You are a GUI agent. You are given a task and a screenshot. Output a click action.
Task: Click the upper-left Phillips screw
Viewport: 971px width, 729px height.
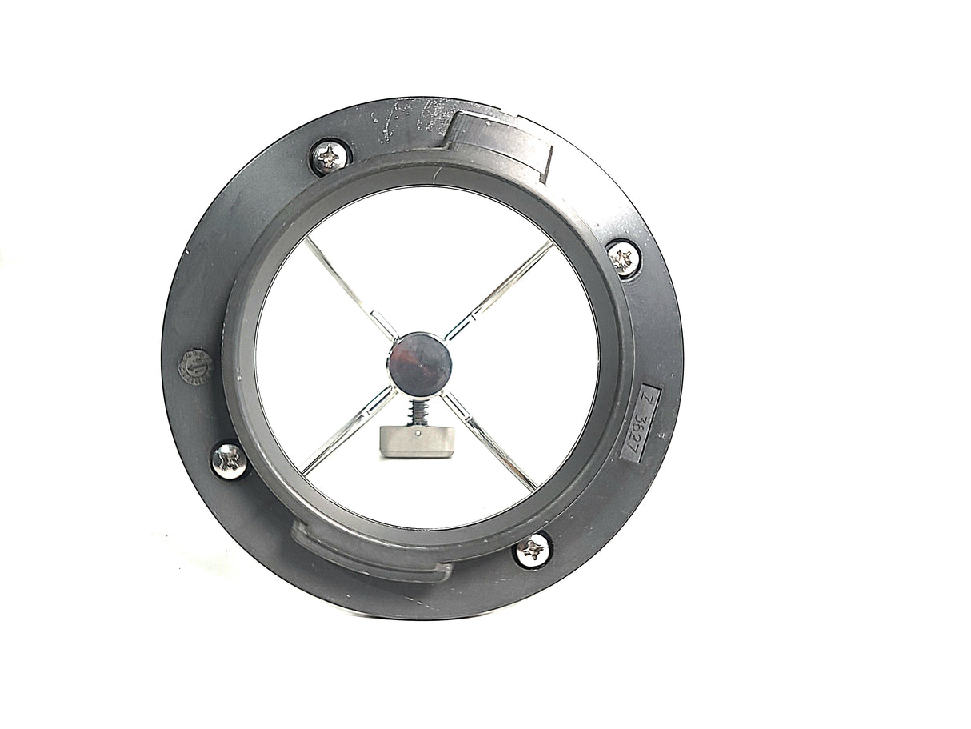330,157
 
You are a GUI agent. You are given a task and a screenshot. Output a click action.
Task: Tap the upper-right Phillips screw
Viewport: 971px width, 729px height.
623,258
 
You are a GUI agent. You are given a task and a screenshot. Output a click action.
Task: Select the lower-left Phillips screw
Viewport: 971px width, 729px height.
230,460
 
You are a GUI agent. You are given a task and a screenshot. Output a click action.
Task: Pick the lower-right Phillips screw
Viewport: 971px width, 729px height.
532,551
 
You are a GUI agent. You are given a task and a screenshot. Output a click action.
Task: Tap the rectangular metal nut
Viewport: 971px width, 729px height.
417,441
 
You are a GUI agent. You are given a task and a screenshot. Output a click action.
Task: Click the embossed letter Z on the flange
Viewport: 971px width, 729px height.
647,399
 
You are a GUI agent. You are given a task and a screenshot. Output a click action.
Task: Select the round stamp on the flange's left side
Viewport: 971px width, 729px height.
194,367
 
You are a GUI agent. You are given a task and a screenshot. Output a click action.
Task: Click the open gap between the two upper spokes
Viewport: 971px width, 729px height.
424,256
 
